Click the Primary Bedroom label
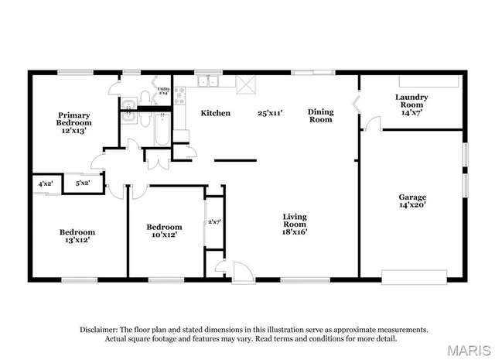click(74, 122)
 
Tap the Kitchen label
click(215, 113)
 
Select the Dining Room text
click(320, 115)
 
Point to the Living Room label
click(295, 224)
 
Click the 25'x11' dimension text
click(270, 113)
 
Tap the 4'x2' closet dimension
click(46, 183)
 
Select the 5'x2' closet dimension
click(82, 183)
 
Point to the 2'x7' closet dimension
click(214, 222)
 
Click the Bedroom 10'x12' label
click(164, 231)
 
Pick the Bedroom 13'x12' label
click(77, 236)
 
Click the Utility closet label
click(163, 91)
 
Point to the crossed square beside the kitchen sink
click(247, 84)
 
